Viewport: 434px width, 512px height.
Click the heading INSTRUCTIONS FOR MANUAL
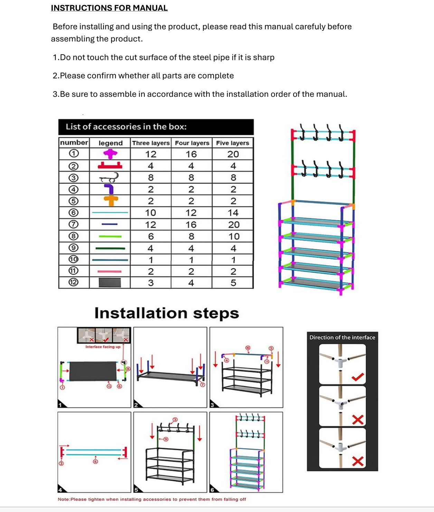pos(109,8)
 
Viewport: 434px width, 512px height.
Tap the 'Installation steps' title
pos(167,313)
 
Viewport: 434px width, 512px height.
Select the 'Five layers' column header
pos(233,143)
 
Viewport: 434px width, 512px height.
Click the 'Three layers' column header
pos(151,143)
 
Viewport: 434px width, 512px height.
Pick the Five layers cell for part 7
pos(233,225)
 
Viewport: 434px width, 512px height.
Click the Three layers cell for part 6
pos(151,213)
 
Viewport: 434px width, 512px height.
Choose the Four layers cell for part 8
pos(191,236)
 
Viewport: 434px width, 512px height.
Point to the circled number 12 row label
pos(74,282)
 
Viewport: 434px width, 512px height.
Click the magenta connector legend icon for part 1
pos(110,153)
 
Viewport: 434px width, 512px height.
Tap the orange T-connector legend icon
pos(111,200)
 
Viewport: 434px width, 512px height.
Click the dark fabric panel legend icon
pos(110,282)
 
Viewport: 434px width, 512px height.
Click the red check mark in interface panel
pos(358,377)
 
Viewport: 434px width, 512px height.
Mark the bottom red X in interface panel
pos(358,461)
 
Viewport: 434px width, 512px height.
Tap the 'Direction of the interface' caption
pos(342,337)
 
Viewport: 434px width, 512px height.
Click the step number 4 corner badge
pos(60,490)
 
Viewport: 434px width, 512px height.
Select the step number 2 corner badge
pos(136,405)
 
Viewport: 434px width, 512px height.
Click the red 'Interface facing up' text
pos(103,347)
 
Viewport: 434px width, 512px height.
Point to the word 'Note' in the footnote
pos(63,499)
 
